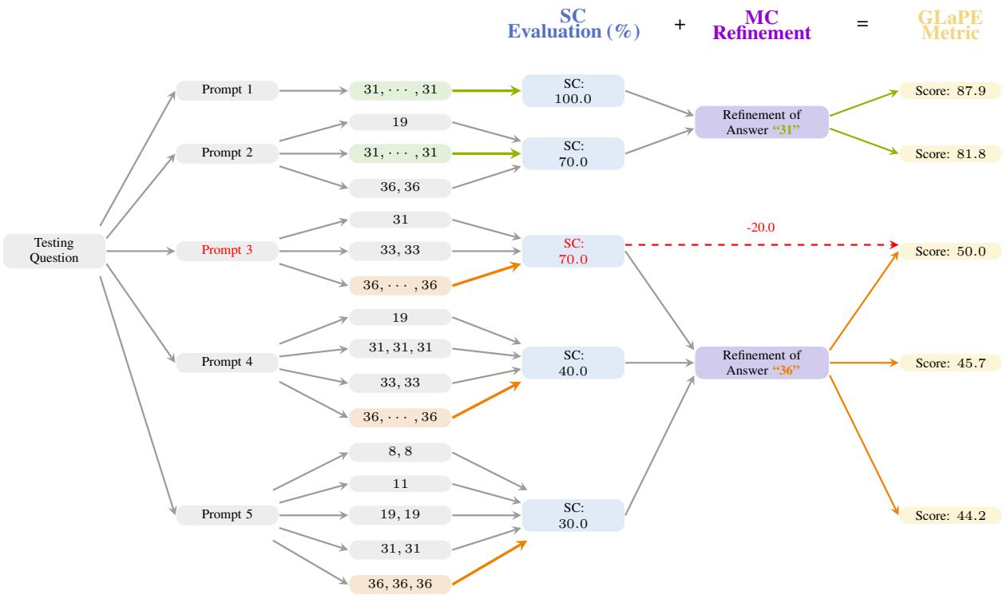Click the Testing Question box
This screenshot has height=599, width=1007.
point(54,251)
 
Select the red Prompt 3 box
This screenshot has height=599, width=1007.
point(227,251)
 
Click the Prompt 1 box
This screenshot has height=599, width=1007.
point(227,90)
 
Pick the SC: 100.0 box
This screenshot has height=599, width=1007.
point(573,90)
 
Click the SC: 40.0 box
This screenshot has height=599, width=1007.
point(573,363)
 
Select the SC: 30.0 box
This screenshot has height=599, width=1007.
point(573,515)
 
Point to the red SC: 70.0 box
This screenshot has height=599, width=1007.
point(573,251)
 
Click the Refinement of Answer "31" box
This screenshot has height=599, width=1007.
point(761,121)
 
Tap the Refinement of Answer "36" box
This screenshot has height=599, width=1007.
point(761,363)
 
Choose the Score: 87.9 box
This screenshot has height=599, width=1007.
point(950,90)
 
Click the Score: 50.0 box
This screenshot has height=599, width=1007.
point(950,251)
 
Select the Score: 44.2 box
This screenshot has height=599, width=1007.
point(950,515)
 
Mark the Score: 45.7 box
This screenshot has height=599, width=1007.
point(950,363)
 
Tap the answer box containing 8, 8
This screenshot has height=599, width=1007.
point(400,452)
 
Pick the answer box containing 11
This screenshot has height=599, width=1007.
point(400,483)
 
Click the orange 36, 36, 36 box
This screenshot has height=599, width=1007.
point(400,583)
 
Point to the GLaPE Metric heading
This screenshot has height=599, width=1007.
point(950,26)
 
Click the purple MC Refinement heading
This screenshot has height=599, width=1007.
point(761,26)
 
